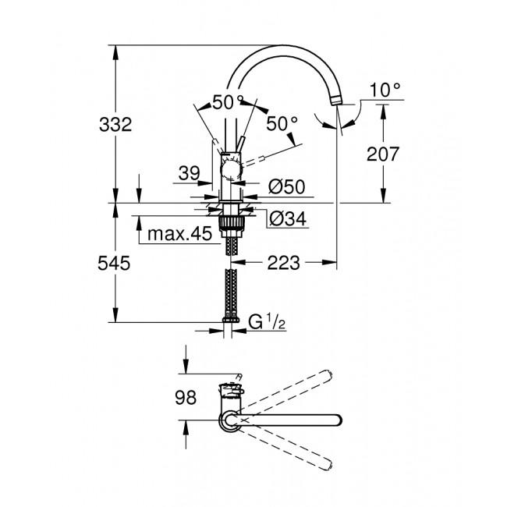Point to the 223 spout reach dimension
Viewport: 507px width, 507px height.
pos(283,264)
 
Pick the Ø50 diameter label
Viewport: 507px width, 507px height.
pos(285,187)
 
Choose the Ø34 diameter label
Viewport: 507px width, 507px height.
pos(285,220)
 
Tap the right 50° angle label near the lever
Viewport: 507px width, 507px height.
pos(282,123)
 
